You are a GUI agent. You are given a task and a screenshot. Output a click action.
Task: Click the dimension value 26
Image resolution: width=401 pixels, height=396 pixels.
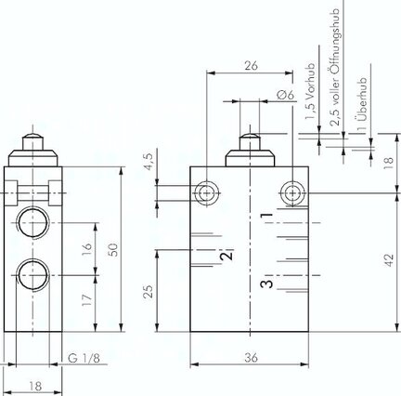(x=251, y=66)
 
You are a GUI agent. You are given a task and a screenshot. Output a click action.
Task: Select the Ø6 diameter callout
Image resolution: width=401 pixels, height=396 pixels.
(x=286, y=95)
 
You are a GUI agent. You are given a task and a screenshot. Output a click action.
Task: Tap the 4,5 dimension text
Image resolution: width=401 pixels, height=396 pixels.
(x=149, y=162)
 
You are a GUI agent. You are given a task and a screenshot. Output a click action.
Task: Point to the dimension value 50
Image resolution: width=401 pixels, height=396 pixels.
(x=114, y=250)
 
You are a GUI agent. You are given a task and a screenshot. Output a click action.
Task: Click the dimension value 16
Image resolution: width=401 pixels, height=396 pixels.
(x=87, y=249)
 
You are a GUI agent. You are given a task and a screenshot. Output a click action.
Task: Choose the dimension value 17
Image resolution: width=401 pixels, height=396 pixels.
(x=87, y=300)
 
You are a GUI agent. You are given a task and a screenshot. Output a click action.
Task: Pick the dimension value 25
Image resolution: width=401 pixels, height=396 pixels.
(x=149, y=292)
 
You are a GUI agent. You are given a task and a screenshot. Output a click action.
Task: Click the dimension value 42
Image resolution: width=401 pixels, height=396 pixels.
(x=389, y=260)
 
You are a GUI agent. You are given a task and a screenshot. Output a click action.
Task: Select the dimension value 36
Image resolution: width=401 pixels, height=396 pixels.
(x=251, y=358)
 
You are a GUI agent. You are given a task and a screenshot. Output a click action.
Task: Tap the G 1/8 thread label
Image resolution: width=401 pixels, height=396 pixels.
(x=84, y=358)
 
